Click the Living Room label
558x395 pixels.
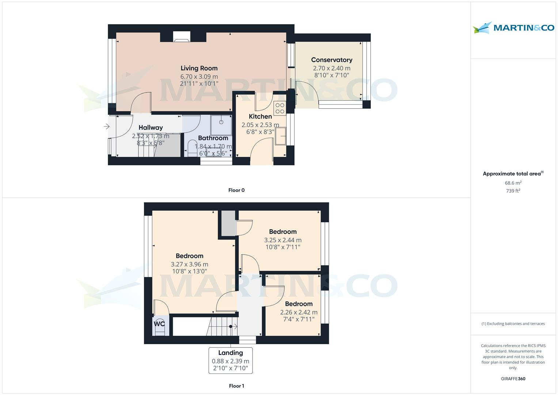(199, 68)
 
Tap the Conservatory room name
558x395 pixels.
(331, 60)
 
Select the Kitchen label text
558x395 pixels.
(260, 116)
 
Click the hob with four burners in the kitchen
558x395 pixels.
(280, 109)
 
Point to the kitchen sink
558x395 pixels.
(281, 136)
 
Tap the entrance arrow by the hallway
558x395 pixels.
(106, 127)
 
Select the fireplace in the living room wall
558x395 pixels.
(182, 37)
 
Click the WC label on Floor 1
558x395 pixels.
(159, 324)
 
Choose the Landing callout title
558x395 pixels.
(230, 353)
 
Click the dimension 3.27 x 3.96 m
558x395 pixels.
(189, 264)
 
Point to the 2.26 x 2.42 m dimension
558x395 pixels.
(299, 312)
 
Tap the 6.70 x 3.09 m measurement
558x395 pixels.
(199, 76)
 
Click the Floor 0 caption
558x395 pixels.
(236, 190)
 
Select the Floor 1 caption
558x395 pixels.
(236, 386)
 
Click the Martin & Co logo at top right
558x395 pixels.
(513, 28)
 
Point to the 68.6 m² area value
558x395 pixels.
(513, 183)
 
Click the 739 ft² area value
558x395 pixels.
(513, 191)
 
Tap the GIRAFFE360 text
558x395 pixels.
(513, 379)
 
